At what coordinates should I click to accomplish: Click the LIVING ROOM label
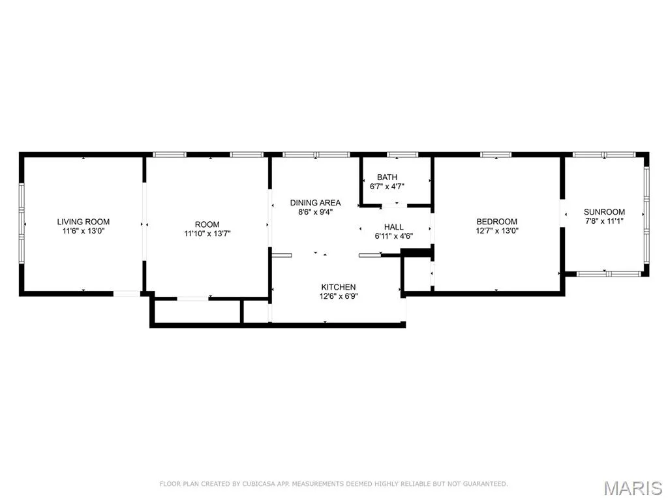[83, 222]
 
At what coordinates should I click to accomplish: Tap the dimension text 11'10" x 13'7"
[207, 234]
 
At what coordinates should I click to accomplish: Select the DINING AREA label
[315, 203]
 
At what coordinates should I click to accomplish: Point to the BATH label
[387, 177]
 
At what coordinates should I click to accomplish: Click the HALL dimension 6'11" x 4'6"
[393, 236]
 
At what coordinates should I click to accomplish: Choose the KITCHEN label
[339, 287]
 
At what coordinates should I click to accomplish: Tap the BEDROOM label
[496, 222]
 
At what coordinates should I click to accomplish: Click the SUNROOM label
[604, 212]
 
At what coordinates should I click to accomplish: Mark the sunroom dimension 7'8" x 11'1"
[604, 220]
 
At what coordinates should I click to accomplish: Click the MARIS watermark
[633, 488]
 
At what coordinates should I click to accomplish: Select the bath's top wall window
[402, 155]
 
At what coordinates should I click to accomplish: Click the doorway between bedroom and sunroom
[562, 213]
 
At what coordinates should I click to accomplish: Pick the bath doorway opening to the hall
[394, 206]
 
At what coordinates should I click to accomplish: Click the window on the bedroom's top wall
[496, 155]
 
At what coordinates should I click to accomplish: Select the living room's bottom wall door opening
[126, 294]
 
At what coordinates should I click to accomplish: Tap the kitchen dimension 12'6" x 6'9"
[339, 296]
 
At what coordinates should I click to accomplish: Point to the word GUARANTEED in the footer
[485, 484]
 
